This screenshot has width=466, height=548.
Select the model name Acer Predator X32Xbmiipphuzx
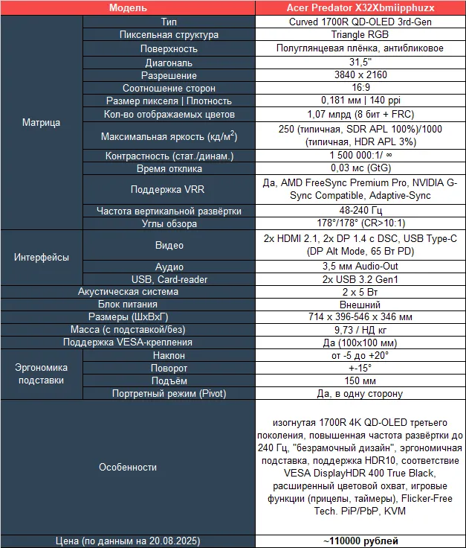pos(360,7)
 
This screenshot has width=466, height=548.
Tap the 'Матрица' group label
pos(42,123)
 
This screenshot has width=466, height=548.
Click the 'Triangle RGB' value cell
pos(360,35)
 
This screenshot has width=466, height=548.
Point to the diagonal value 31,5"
pos(360,63)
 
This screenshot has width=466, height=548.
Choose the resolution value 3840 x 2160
pos(360,75)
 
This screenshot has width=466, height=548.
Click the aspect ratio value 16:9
pos(360,88)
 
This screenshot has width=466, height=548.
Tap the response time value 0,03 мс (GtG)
pos(360,169)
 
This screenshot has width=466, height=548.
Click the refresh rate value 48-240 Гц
pos(360,211)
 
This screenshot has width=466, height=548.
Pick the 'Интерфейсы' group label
pos(42,258)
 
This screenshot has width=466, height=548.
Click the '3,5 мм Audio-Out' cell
pos(360,267)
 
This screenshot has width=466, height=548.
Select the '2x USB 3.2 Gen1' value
pos(360,279)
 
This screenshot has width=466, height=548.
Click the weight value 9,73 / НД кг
pos(360,330)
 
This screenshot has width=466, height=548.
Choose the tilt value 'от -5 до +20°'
pos(360,355)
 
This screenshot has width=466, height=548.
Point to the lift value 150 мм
pos(360,380)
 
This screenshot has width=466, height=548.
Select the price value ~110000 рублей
pos(360,541)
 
